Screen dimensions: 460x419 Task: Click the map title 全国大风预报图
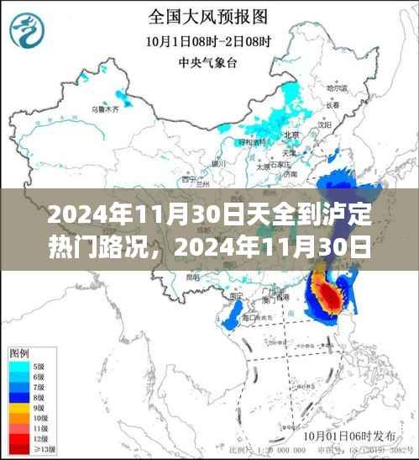208,15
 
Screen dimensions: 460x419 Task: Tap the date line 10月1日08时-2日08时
208,39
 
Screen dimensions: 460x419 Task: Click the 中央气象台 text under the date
208,61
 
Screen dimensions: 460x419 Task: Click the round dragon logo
29,31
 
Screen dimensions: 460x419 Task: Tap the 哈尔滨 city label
336,87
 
